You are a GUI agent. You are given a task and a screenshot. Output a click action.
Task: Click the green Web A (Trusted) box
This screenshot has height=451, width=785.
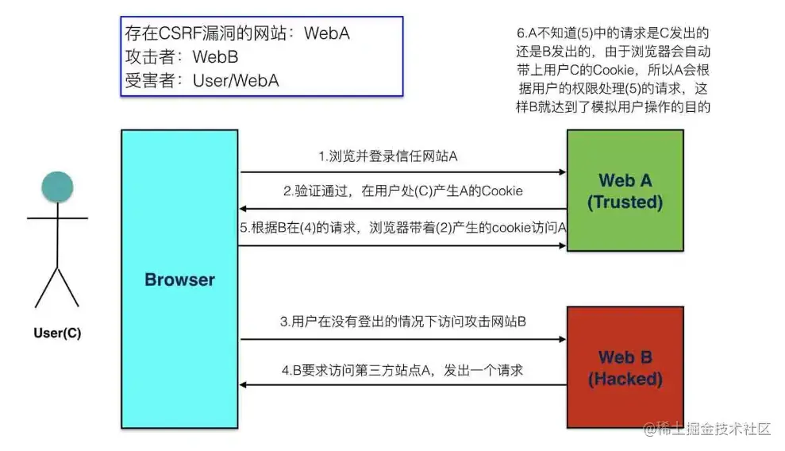click(625, 191)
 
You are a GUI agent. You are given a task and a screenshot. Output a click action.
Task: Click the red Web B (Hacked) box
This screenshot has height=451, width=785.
click(625, 368)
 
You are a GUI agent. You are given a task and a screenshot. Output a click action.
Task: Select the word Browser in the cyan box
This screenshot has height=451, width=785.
click(179, 279)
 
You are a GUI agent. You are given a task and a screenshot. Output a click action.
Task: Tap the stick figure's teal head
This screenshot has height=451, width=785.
click(57, 186)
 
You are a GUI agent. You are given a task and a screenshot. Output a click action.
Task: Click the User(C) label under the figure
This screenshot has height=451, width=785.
click(57, 333)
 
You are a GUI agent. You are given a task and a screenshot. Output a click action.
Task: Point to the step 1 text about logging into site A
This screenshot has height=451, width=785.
click(387, 156)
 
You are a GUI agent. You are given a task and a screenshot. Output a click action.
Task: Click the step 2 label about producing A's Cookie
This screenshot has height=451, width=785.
click(402, 191)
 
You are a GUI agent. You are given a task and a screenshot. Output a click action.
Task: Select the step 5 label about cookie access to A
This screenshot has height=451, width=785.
click(403, 228)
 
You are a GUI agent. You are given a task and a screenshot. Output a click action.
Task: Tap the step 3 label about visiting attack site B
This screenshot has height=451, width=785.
click(403, 322)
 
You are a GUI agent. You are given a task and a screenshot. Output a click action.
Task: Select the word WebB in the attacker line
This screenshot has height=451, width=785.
click(216, 57)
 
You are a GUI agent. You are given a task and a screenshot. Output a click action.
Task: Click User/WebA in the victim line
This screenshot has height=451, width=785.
click(236, 80)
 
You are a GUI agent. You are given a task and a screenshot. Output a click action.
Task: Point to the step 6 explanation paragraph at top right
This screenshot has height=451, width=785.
click(612, 70)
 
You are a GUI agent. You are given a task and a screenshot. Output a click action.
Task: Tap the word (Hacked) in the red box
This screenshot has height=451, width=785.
click(625, 380)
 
